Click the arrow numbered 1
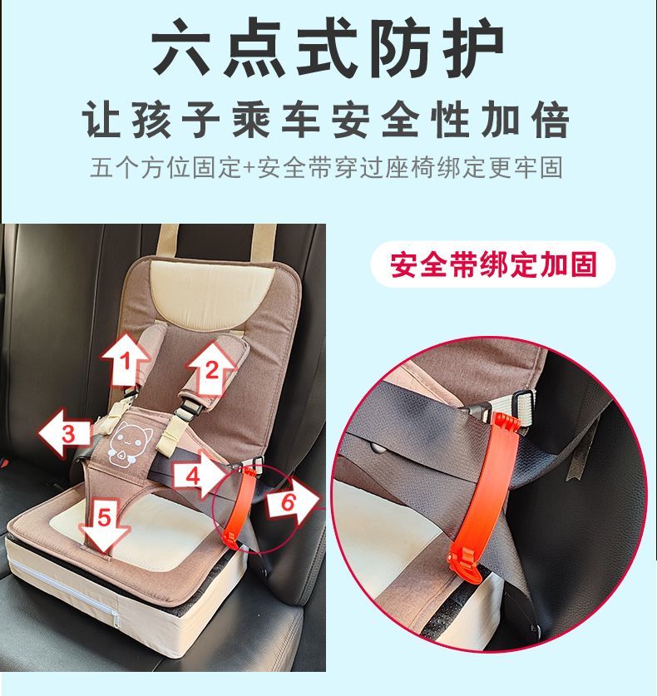click(126, 360)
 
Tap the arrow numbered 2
click(212, 368)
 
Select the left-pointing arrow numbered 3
click(65, 432)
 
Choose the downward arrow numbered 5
click(104, 525)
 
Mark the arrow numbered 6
click(293, 501)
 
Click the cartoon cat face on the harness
click(131, 444)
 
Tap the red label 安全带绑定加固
click(493, 265)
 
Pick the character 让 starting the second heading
click(103, 120)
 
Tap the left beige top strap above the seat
click(168, 239)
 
